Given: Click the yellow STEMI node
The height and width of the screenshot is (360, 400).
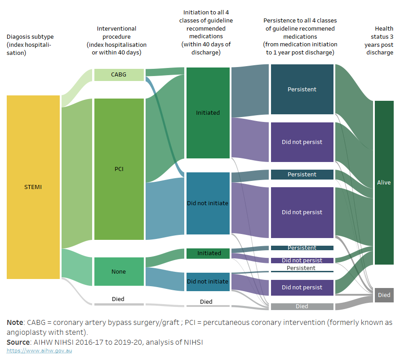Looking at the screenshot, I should (33, 187).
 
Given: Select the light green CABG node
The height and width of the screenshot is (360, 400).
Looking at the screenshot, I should (119, 75).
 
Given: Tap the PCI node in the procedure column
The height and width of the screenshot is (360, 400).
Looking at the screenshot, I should (119, 169).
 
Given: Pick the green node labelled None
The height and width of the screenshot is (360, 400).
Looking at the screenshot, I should (119, 271).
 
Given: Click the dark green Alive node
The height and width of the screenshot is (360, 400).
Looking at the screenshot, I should (384, 182).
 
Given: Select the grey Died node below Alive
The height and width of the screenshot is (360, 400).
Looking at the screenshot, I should (384, 295).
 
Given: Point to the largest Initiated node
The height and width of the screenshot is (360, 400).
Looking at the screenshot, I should (208, 113).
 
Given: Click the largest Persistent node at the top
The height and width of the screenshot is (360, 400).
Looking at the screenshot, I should (302, 89).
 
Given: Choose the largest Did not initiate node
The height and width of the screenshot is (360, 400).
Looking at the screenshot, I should (208, 203).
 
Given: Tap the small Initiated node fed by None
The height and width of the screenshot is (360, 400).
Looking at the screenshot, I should (208, 253).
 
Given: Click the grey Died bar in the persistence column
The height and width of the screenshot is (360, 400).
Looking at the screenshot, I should (302, 306).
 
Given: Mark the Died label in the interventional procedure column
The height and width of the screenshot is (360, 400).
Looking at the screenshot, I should (118, 299).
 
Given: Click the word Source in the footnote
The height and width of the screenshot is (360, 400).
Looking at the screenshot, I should (18, 342).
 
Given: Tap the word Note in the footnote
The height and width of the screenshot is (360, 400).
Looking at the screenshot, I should (15, 323).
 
